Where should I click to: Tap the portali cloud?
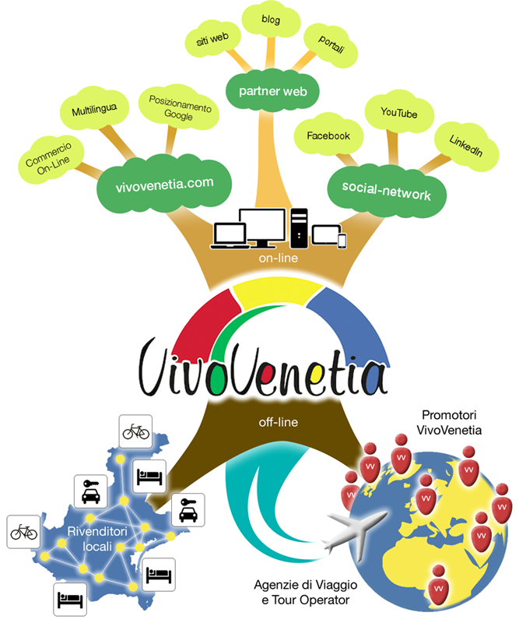click(x=331, y=45)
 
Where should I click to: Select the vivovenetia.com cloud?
click(x=163, y=185)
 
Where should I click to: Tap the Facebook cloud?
click(x=328, y=136)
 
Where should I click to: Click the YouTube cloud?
click(x=398, y=114)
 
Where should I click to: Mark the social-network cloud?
click(x=386, y=188)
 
